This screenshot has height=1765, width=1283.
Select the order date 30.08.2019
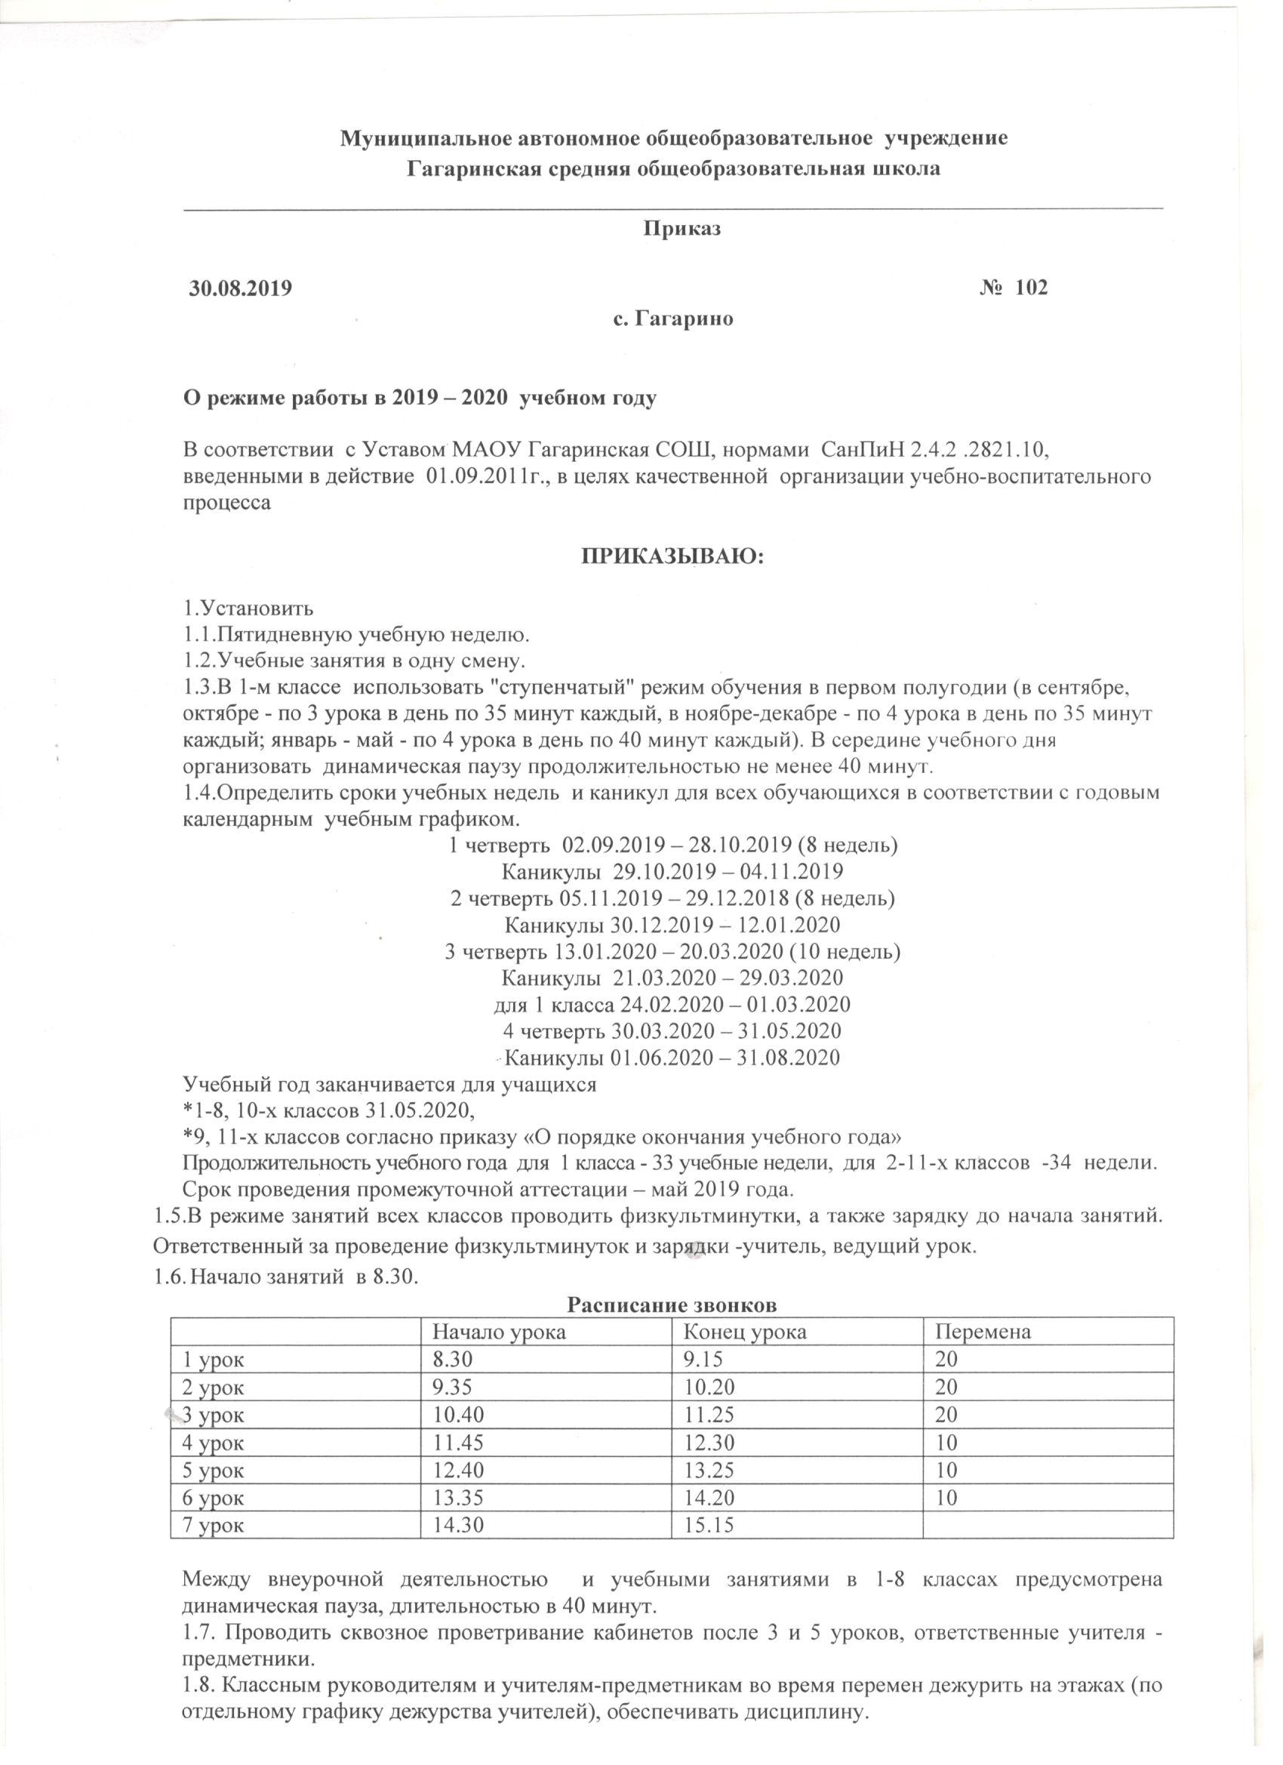click(241, 288)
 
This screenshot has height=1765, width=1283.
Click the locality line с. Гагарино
click(674, 319)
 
